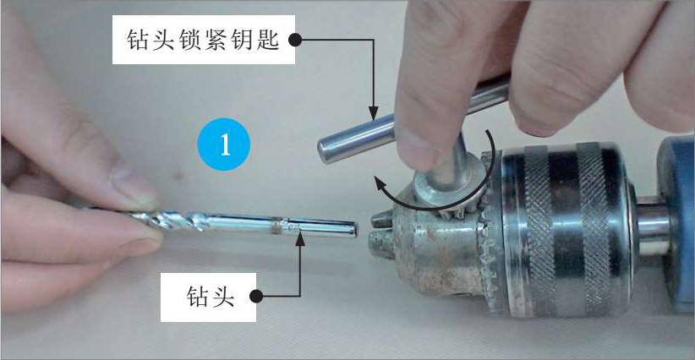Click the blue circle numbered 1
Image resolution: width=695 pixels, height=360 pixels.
tap(224, 145)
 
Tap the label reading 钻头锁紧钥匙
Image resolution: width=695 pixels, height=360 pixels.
tap(203, 40)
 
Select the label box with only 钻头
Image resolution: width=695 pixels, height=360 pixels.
tap(208, 297)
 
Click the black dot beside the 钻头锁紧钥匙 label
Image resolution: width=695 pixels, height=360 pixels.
tap(295, 41)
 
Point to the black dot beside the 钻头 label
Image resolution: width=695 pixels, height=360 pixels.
tap(256, 297)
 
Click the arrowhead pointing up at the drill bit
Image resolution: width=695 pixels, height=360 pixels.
tap(300, 238)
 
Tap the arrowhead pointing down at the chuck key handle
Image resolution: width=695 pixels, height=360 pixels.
tap(373, 113)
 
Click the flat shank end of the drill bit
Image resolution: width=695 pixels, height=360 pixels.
tap(353, 230)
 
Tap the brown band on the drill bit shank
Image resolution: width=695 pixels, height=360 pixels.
tap(276, 226)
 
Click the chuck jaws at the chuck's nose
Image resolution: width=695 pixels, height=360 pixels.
tap(380, 235)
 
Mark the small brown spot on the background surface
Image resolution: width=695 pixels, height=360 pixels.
tap(178, 177)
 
